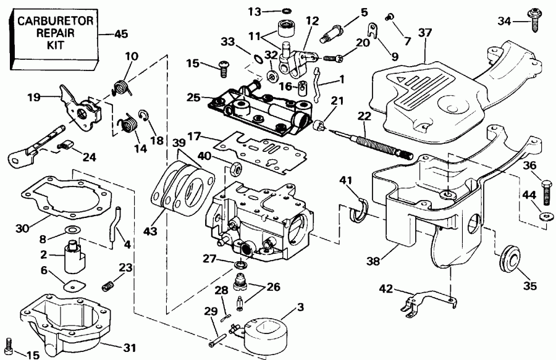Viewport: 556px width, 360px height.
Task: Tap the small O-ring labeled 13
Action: click(288, 11)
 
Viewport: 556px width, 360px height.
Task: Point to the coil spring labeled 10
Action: click(123, 84)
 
